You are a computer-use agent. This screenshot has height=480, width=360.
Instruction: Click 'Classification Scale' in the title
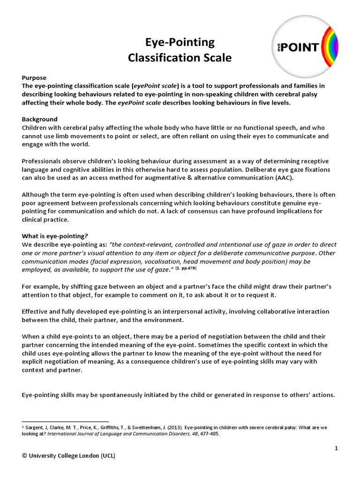click(180, 58)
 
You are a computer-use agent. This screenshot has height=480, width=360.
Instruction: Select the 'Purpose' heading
click(33, 78)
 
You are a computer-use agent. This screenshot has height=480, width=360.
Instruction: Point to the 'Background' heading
click(39, 119)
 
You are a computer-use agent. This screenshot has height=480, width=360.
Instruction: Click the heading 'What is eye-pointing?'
click(55, 235)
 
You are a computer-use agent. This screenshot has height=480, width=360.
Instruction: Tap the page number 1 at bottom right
click(336, 448)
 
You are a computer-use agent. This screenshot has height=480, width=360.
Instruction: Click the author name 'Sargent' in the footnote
click(34, 428)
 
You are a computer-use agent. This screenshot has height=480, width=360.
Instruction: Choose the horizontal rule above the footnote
click(65, 421)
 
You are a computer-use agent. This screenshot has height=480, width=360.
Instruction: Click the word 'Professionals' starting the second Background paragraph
click(43, 161)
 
